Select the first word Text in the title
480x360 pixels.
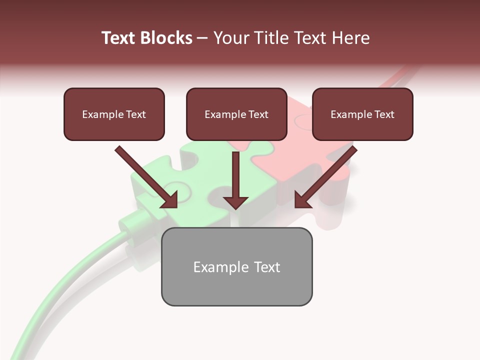[x=119, y=38]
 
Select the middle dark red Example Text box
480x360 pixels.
[x=236, y=127]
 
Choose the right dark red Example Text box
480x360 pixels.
[x=362, y=127]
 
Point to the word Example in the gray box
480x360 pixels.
[x=218, y=267]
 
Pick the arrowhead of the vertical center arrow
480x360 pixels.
[x=235, y=201]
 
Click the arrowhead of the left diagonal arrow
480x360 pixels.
[x=170, y=200]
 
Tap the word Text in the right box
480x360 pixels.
[x=384, y=114]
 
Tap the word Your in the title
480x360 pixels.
[x=229, y=38]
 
